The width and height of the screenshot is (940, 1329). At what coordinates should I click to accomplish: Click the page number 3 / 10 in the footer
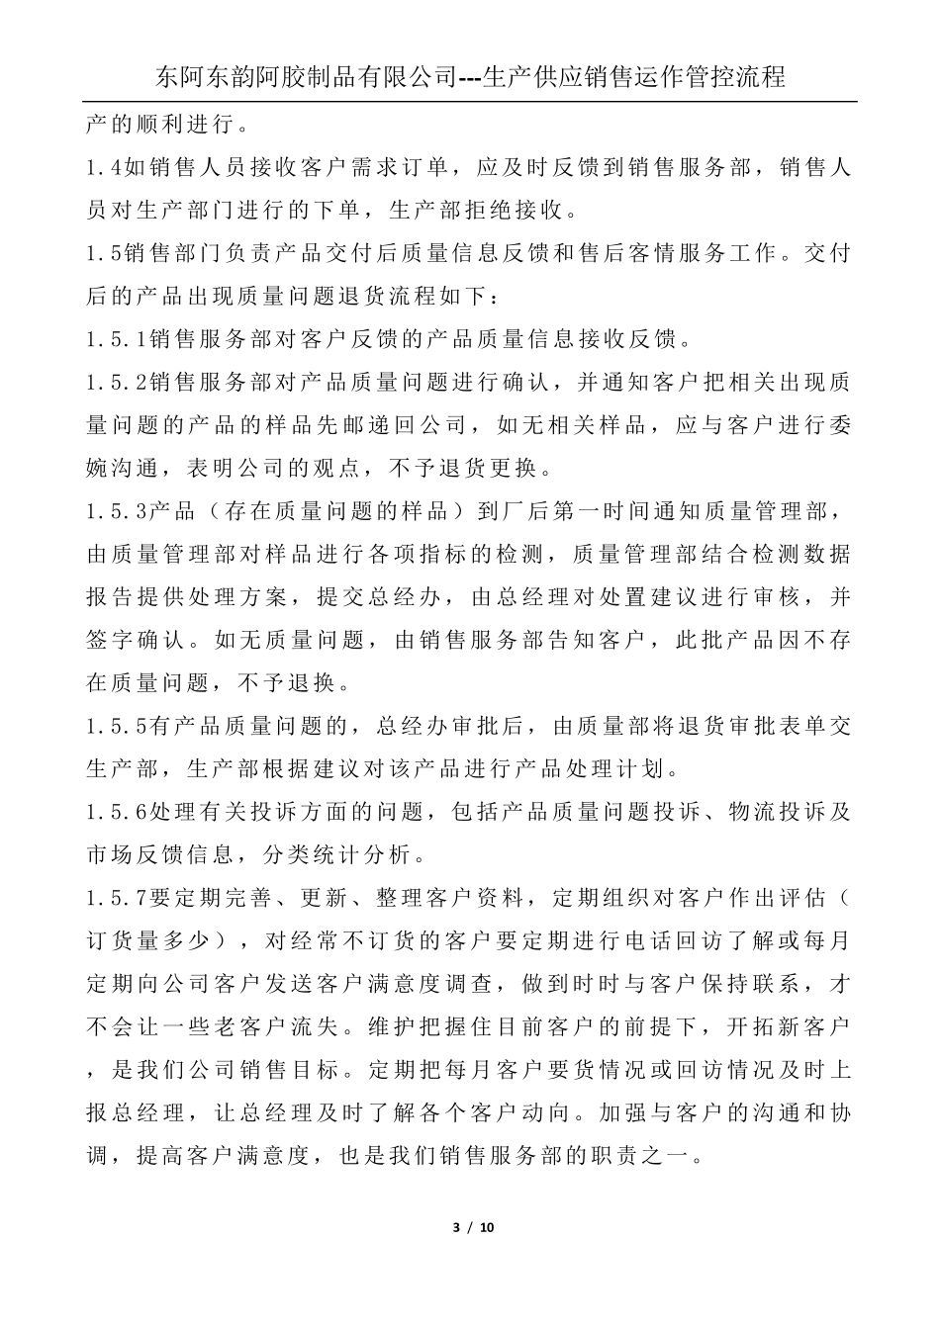(x=472, y=1228)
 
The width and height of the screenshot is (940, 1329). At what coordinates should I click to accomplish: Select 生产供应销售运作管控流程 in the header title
(x=634, y=76)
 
